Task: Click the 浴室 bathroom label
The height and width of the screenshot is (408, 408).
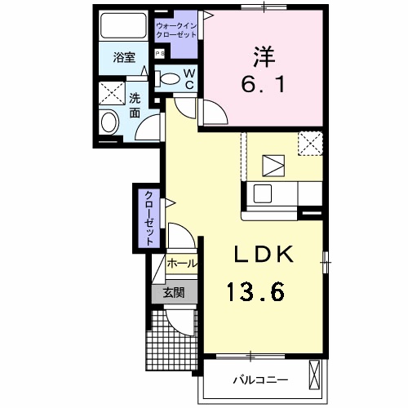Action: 124,58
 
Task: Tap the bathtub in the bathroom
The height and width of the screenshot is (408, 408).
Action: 124,26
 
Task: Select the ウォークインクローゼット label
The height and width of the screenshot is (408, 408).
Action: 176,30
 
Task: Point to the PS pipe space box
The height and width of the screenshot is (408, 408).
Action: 160,54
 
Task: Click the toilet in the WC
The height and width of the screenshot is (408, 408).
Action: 167,78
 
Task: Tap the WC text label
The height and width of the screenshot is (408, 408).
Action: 189,79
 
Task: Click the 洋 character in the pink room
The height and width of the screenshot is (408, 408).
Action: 264,56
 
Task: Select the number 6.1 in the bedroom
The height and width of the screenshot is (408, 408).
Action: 263,84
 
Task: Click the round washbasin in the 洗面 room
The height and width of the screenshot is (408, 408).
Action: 110,122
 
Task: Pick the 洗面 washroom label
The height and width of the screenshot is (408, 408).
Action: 135,105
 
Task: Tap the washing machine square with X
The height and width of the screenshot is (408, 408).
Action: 112,93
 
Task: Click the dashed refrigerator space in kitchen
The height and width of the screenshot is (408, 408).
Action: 310,144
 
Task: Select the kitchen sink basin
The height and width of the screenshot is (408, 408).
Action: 263,193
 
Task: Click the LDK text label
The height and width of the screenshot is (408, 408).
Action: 264,255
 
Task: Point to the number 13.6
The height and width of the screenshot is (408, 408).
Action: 255,292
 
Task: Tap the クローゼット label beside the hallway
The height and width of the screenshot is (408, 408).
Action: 149,219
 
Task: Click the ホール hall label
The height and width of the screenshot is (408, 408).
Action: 181,264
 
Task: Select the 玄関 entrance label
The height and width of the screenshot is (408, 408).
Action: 174,293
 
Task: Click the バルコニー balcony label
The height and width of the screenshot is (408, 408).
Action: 260,379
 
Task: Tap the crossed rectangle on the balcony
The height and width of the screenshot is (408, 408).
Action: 314,375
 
